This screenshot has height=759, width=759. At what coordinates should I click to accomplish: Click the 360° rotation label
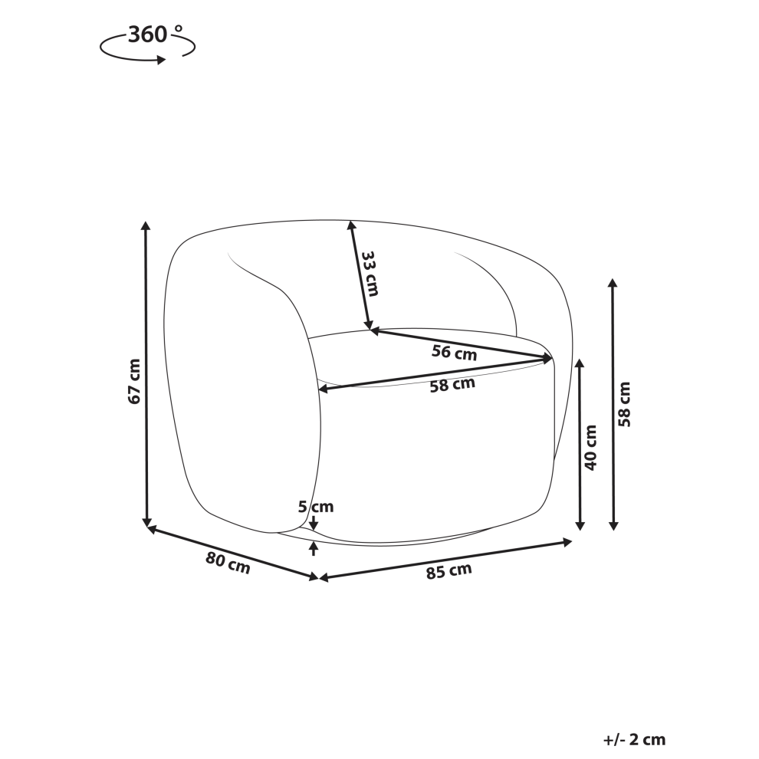coord(155,34)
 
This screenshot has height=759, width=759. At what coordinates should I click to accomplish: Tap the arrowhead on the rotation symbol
coord(161,60)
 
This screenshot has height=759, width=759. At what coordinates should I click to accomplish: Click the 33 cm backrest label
coord(370,273)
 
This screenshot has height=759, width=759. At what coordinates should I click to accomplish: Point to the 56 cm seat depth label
coord(454,353)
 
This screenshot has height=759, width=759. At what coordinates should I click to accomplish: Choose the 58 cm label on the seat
coord(452,385)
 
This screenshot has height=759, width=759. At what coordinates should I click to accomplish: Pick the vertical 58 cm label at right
coord(625,404)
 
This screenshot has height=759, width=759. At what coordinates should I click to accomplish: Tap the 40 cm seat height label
coord(591,447)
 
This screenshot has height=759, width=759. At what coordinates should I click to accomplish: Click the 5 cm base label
coord(316,507)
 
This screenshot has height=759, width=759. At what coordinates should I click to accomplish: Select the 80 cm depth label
coord(228,563)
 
